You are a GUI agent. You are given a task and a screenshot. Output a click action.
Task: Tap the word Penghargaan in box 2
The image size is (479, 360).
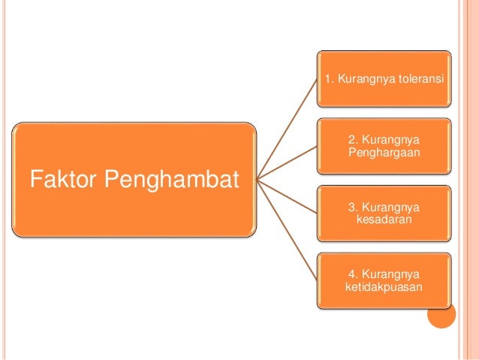click(x=384, y=153)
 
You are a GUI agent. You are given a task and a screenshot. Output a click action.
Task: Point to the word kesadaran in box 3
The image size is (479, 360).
click(x=384, y=220)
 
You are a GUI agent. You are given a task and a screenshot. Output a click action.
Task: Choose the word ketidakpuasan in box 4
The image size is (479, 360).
click(x=384, y=287)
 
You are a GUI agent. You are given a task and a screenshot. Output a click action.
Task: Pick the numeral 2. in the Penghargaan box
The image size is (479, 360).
click(x=354, y=141)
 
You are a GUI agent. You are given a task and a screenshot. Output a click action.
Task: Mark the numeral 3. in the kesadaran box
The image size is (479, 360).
click(x=354, y=207)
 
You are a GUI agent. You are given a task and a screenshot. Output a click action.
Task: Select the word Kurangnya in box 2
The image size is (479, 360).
click(x=390, y=141)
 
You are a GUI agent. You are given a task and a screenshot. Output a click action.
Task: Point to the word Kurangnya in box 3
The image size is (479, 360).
click(x=390, y=207)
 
